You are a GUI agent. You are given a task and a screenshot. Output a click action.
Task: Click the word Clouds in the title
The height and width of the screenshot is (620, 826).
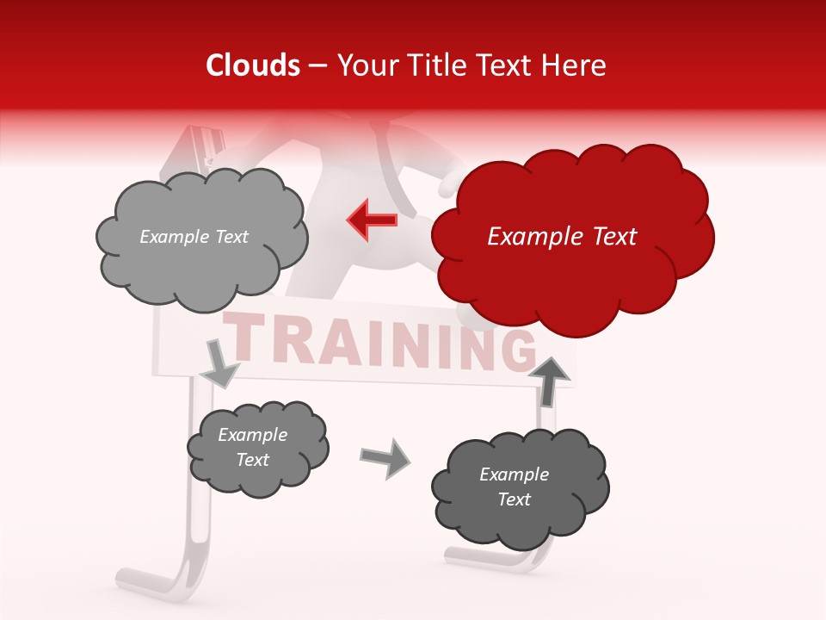pos(254,65)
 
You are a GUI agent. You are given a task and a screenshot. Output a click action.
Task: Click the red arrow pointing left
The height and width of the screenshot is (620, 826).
pos(372,220)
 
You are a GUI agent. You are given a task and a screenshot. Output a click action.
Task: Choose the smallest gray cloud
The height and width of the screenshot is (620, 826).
pos(256,448)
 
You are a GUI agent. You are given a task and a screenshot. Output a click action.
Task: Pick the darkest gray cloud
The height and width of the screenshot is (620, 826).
pos(519,487)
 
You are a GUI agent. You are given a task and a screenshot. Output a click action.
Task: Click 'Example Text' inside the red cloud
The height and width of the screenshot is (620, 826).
pos(562,237)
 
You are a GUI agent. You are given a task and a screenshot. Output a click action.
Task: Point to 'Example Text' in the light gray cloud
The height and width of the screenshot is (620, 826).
pos(194,237)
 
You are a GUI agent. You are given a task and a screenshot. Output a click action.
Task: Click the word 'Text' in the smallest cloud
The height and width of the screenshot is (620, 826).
pos(252,460)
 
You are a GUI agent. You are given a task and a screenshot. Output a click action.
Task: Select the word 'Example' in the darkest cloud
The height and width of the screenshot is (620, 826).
pos(514,474)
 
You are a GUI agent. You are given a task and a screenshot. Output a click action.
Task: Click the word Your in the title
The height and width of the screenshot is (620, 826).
pos(364,65)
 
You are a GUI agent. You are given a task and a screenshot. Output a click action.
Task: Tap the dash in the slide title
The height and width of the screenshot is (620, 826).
pos(317,65)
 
